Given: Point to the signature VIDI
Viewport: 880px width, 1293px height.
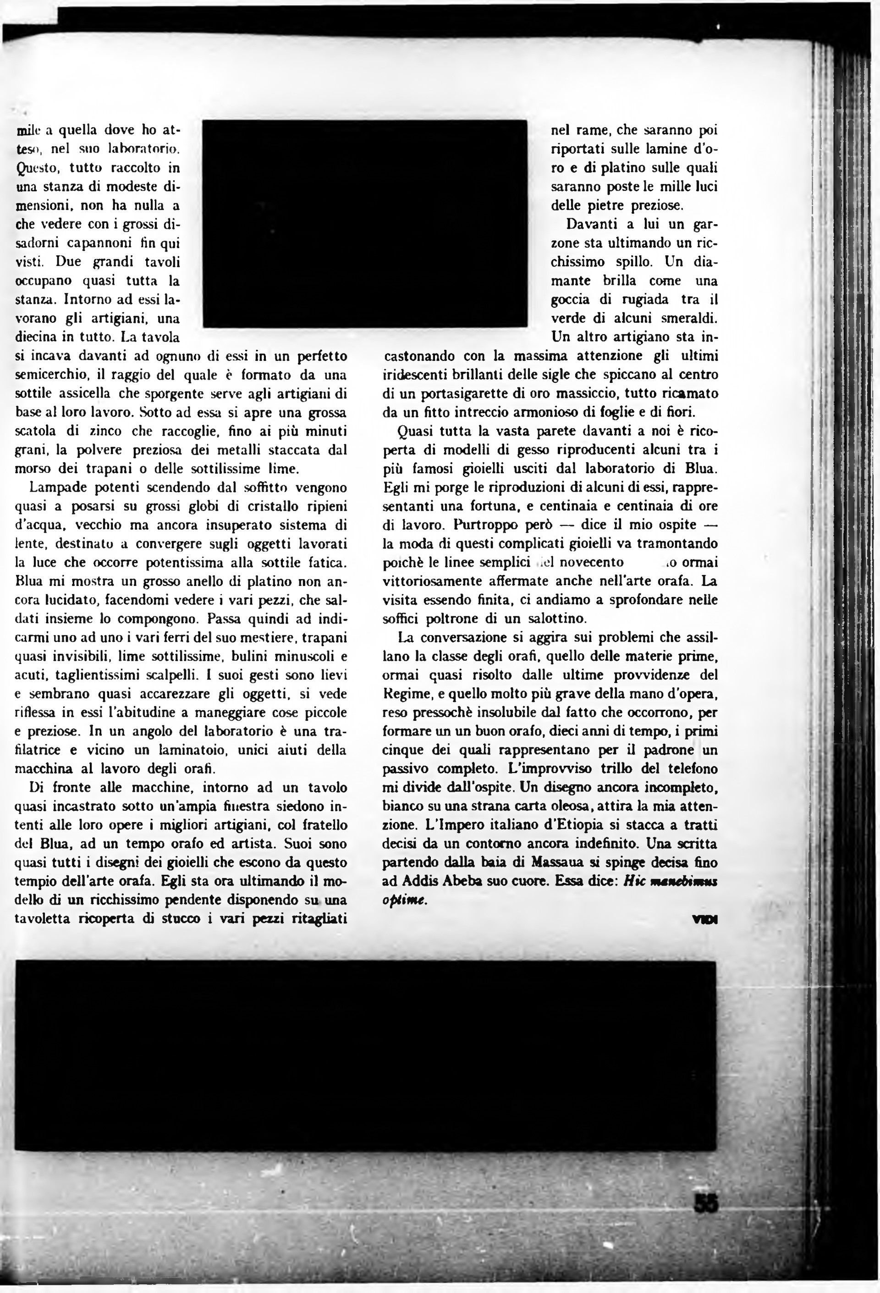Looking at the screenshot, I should pyautogui.click(x=705, y=920).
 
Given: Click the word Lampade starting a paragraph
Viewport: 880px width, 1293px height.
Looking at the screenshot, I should pyautogui.click(x=55, y=487).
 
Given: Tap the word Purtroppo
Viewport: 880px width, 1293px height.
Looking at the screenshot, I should pyautogui.click(x=484, y=525).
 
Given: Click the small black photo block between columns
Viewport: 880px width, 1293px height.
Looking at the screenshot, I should pyautogui.click(x=365, y=223).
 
